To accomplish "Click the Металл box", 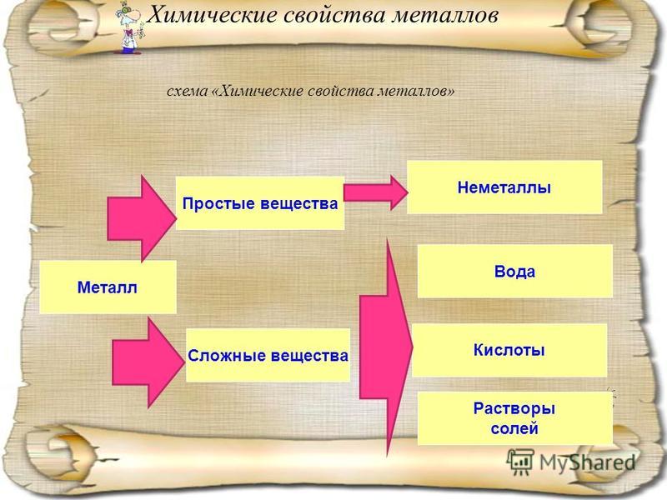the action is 108,287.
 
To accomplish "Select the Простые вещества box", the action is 260,203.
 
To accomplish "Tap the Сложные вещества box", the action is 268,355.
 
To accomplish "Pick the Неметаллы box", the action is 504,187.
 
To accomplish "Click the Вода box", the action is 514,271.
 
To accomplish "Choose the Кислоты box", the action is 509,350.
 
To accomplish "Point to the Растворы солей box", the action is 514,418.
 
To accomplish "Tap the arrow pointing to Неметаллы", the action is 376,192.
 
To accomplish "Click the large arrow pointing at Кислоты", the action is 385,347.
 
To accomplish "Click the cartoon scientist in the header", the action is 129,28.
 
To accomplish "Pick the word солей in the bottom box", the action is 514,428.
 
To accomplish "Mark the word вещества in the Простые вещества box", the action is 298,203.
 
